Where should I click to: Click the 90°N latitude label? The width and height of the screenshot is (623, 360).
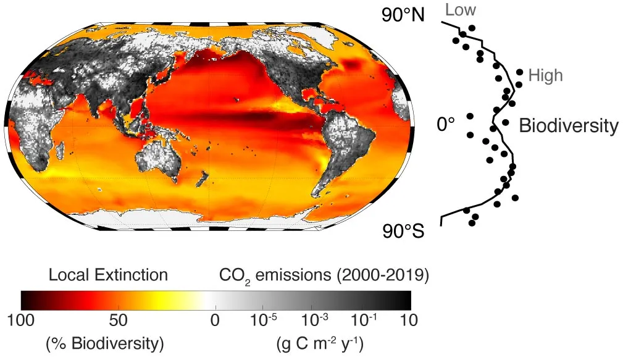coord(403,15)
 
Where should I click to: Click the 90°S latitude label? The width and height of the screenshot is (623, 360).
coord(403,232)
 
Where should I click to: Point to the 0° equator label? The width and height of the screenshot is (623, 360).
coord(445,125)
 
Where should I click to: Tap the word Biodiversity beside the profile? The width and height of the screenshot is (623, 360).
coord(568,126)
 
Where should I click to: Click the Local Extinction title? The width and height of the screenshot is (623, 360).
coord(108,275)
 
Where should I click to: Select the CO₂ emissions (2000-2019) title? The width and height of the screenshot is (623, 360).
coord(324,275)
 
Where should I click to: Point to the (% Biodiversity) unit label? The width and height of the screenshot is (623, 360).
coord(105,343)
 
